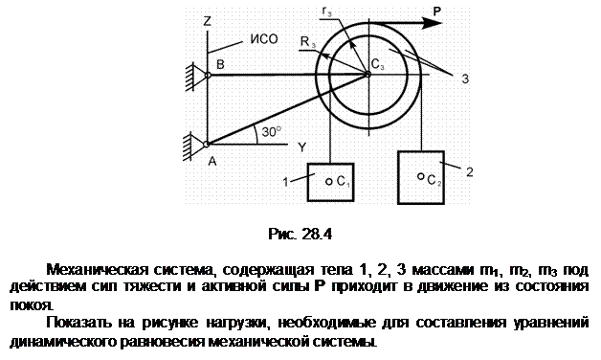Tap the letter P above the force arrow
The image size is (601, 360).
tap(437, 11)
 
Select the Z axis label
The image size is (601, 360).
tap(208, 21)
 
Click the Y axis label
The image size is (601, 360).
tap(302, 146)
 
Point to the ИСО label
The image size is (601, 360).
tap(264, 39)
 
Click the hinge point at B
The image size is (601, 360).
tap(208, 75)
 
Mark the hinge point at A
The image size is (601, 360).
tap(207, 145)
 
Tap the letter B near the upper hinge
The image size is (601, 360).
tap(220, 64)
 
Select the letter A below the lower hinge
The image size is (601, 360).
tap(212, 162)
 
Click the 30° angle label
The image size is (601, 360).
tap(272, 132)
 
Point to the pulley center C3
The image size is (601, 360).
tap(367, 75)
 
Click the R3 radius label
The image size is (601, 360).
tap(308, 42)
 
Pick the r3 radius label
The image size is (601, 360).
tap(327, 11)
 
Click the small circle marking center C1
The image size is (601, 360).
tap(329, 182)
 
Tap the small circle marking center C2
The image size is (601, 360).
tap(420, 176)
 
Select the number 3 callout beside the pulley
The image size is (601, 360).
tap(465, 79)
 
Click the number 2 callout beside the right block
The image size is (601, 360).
tap(470, 171)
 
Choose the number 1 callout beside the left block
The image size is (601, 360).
tap(285, 182)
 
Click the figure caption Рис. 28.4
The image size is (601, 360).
tap(300, 234)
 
